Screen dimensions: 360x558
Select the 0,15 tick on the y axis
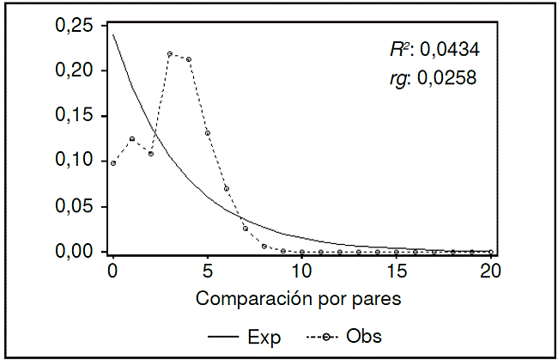(x=75, y=116)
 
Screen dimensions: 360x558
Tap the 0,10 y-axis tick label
(x=75, y=161)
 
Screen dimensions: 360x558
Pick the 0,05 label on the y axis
(x=75, y=206)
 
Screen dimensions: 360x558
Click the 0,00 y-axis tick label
(x=75, y=251)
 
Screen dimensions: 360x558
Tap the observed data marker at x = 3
(x=170, y=54)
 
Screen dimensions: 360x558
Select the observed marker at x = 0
(x=113, y=163)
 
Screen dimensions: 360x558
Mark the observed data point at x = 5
(x=208, y=133)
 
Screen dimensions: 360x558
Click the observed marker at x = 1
(x=132, y=138)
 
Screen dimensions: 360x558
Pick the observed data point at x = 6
(x=227, y=188)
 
